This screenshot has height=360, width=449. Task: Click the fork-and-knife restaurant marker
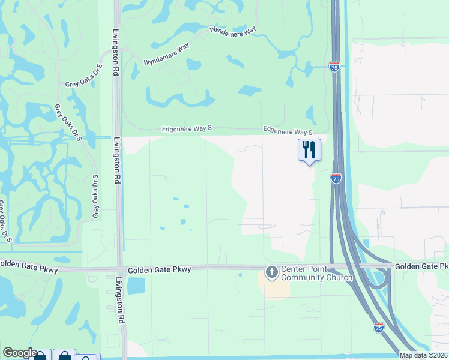pyautogui.click(x=310, y=150)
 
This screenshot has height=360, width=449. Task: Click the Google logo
pyautogui.click(x=20, y=353)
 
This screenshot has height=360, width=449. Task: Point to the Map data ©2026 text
pyautogui.click(x=423, y=355)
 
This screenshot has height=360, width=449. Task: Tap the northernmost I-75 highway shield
pyautogui.click(x=334, y=67)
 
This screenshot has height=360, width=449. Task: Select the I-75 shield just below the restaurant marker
pyautogui.click(x=336, y=178)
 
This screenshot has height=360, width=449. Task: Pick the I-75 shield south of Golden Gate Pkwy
pyautogui.click(x=378, y=327)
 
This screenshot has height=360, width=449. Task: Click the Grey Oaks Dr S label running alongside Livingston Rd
pyautogui.click(x=95, y=197)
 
